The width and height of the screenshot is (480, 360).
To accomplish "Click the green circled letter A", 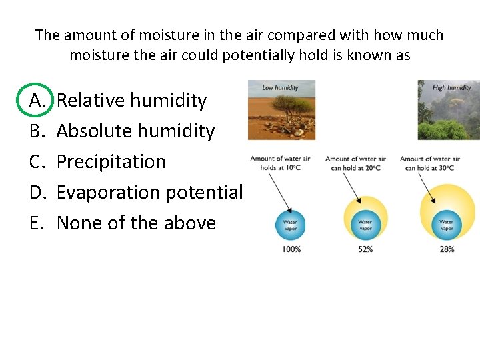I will click(x=36, y=101).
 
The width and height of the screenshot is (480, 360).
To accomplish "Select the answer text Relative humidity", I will click(x=131, y=101).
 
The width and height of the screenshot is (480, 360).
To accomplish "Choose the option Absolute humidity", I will click(x=135, y=131).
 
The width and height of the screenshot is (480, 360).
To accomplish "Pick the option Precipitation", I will click(x=111, y=162).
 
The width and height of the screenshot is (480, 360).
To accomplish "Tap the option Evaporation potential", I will click(x=149, y=193).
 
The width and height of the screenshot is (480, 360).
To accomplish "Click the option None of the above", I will click(x=136, y=223).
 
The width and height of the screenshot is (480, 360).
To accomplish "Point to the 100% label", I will click(x=291, y=249).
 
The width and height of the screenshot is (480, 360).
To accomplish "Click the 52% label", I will click(x=365, y=249).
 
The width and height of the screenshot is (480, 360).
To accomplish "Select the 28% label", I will click(x=447, y=249).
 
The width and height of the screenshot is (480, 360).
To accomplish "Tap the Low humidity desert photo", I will click(x=281, y=110).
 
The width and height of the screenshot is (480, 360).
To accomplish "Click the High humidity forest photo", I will click(x=449, y=110).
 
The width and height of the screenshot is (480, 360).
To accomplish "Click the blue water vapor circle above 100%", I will click(x=291, y=225).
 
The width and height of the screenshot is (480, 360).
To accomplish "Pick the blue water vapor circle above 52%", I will click(x=365, y=225).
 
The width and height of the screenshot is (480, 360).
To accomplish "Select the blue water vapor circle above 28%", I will click(x=447, y=225).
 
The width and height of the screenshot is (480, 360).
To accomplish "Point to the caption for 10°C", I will click(x=280, y=163).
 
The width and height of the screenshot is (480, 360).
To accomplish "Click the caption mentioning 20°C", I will click(x=355, y=163).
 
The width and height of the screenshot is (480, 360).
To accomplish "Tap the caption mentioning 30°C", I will click(x=430, y=163).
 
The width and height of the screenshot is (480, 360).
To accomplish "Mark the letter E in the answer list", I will click(x=36, y=223).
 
